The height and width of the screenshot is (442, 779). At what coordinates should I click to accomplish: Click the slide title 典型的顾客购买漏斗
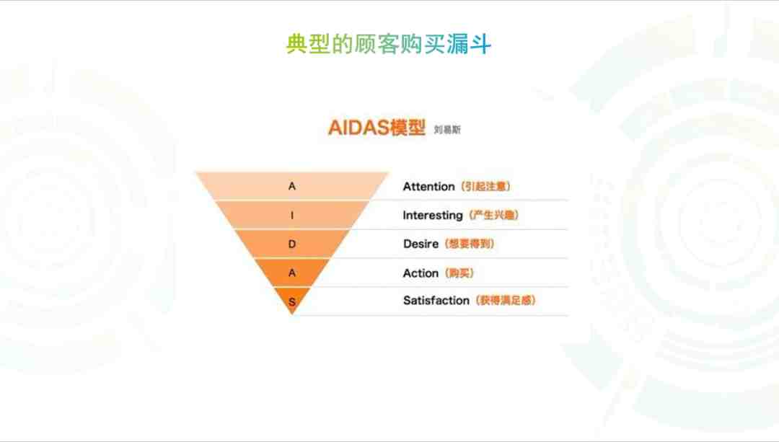coord(389,44)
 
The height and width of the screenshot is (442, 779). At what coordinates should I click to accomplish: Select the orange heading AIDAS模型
coord(377,128)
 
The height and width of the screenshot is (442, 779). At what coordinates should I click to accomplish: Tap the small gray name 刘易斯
coord(447,130)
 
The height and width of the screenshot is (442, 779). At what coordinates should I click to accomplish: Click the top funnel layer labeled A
coord(291,186)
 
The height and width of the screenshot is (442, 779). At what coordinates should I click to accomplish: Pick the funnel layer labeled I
coord(291,215)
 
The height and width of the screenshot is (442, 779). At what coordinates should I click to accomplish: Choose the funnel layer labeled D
coord(291,244)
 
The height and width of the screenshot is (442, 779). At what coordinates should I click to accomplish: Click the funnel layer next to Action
coord(291,273)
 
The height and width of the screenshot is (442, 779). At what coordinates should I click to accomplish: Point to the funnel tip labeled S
coord(292,299)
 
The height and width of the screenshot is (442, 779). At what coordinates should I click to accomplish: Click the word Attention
coord(428,187)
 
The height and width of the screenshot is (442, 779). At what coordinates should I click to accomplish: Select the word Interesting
coord(433,216)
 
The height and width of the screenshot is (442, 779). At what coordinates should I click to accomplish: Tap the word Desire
coord(421,244)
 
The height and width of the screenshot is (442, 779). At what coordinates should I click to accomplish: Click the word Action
coord(421,273)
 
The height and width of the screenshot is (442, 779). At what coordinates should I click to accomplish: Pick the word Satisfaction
coord(436,301)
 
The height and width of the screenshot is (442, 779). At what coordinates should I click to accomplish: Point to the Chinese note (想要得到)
coord(470,244)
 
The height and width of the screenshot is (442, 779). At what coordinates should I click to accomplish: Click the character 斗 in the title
coord(480,44)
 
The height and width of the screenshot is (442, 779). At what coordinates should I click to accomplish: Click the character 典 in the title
coord(296,44)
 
